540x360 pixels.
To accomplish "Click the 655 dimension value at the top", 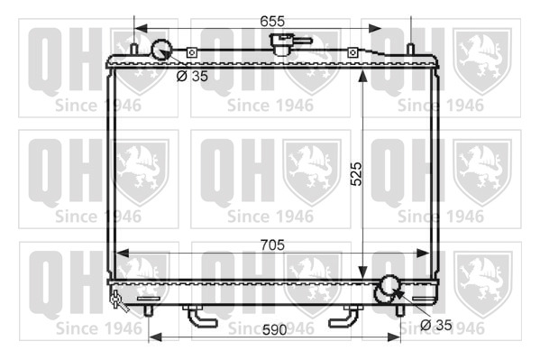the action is pos(272,22).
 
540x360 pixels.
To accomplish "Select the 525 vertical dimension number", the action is pos(356,174).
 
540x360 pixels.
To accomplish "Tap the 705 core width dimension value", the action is pos(272,245).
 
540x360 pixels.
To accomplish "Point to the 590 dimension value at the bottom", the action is pos(274,330).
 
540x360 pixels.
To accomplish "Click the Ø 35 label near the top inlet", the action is pos(192,76).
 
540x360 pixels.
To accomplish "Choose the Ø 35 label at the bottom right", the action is pos(436,325).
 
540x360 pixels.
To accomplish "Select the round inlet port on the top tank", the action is pos(161,51).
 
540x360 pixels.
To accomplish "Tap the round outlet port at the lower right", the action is pos(389,285).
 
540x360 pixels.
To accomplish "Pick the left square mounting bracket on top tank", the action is pos(192,52).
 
